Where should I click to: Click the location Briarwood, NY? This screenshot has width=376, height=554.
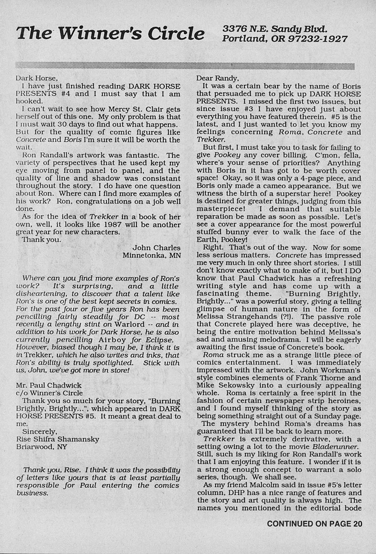[x=41, y=446]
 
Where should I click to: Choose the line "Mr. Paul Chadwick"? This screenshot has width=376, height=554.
[x=49, y=385]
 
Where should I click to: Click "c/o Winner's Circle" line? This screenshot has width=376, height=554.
[x=50, y=393]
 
